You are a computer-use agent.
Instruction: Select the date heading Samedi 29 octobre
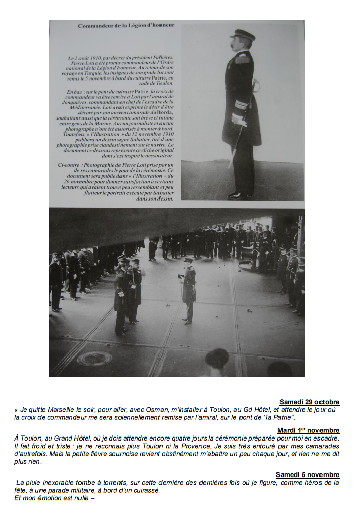(309, 402)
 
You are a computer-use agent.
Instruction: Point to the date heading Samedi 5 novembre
(307, 474)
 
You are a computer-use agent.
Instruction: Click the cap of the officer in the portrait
(243, 34)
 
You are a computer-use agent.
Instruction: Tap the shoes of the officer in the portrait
(238, 195)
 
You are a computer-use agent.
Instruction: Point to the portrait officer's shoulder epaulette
(243, 59)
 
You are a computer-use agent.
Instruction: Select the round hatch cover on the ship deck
(94, 359)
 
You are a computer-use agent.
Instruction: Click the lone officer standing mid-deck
(188, 290)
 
